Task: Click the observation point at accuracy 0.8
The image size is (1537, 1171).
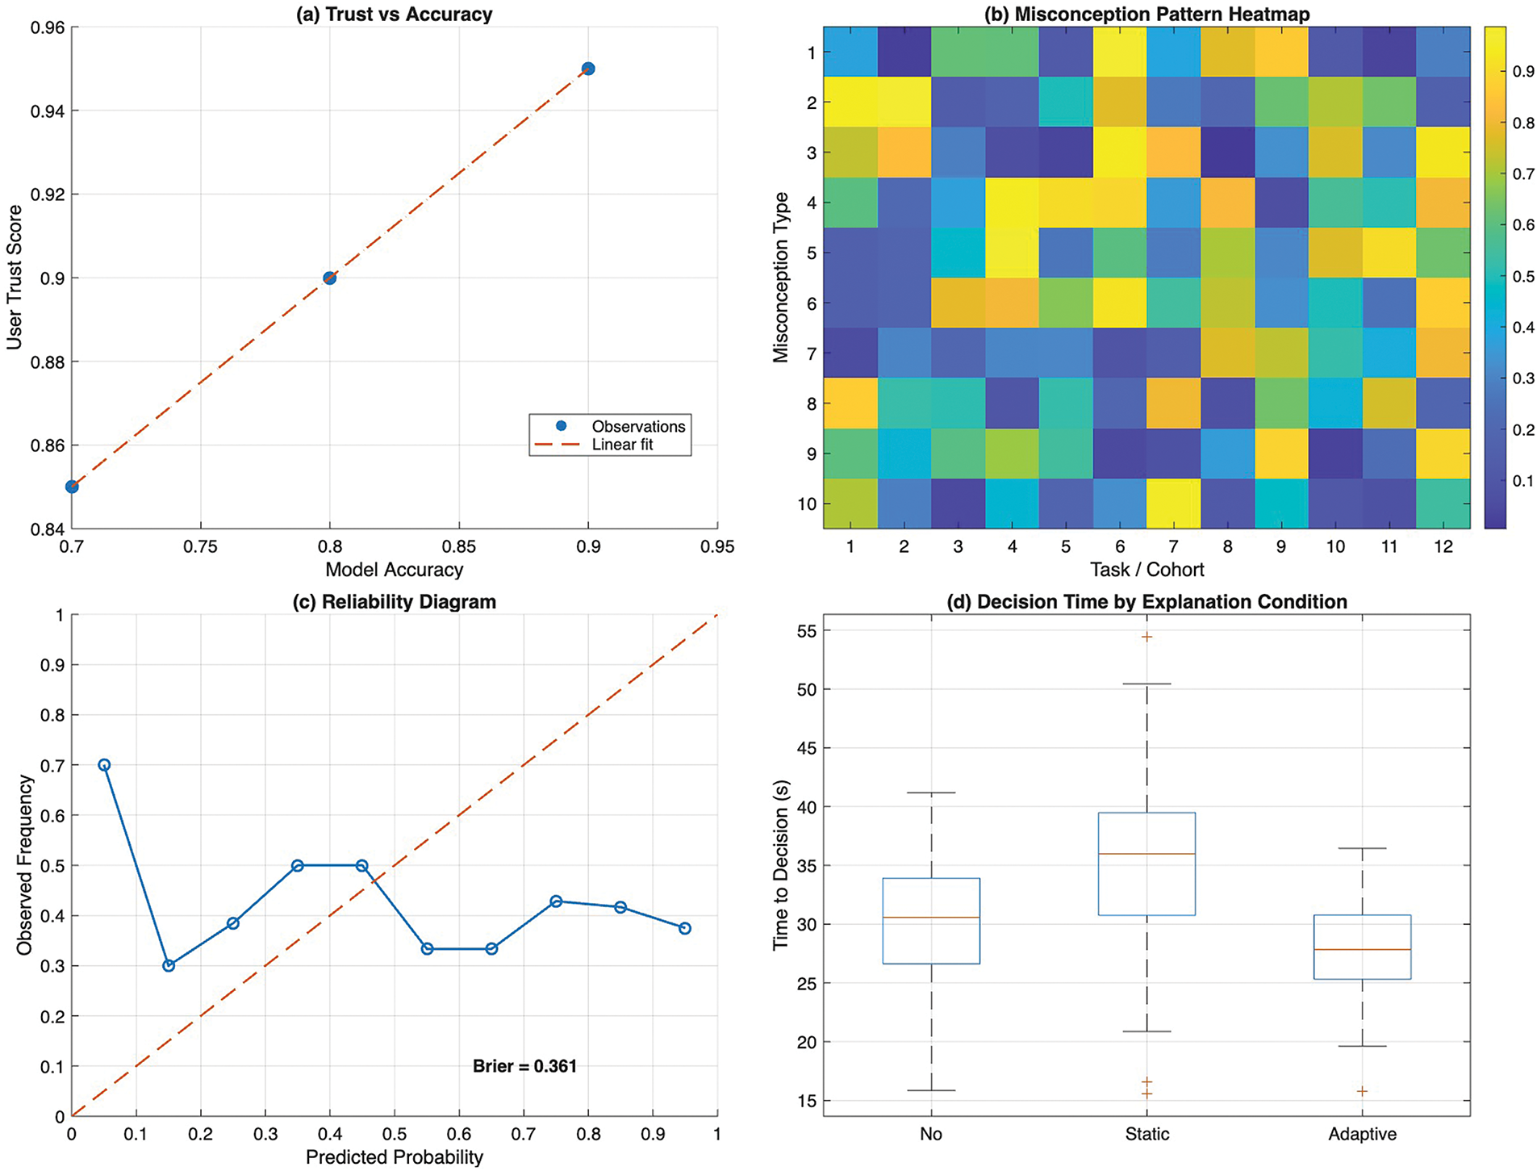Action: click(x=329, y=278)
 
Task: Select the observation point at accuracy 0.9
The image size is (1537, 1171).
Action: click(x=588, y=69)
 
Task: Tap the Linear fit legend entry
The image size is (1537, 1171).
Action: click(x=622, y=445)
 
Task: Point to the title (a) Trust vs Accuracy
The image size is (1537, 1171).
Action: click(x=395, y=15)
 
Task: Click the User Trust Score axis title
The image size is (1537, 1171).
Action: click(x=14, y=277)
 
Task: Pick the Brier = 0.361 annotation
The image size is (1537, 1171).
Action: click(x=524, y=1066)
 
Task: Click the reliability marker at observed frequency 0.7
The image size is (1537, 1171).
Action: click(x=104, y=765)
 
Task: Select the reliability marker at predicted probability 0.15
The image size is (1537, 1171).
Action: click(x=169, y=965)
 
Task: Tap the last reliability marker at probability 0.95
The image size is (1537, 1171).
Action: click(x=685, y=928)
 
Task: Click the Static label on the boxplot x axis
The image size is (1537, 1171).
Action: click(x=1146, y=1134)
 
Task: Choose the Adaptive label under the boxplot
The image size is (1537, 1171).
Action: click(x=1362, y=1134)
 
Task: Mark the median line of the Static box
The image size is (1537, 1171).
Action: click(x=1146, y=854)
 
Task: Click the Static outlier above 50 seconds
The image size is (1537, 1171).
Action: click(x=1146, y=637)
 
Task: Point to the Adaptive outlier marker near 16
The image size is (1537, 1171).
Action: click(x=1362, y=1091)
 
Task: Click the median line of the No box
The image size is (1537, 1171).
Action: click(x=931, y=918)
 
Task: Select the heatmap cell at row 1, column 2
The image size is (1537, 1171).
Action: click(x=904, y=52)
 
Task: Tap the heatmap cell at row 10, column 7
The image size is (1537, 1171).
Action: click(x=1173, y=504)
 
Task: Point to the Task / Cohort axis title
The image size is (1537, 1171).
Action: click(x=1146, y=570)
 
